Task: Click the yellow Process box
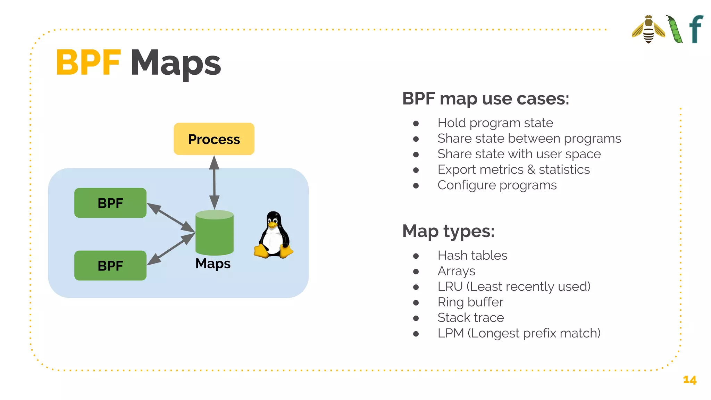214,139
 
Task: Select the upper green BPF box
110,203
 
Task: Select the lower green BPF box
110,266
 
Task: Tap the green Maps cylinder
215,234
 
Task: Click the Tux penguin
274,236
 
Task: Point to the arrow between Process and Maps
214,182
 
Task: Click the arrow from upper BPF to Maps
170,217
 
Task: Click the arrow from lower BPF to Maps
170,249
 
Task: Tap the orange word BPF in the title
88,63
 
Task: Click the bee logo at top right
649,30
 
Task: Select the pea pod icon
675,30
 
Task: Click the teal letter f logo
696,29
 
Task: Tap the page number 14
689,380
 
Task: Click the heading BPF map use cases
485,99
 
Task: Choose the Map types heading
448,231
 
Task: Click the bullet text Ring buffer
470,302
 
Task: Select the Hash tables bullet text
472,256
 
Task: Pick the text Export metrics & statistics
513,170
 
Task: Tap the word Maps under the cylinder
213,264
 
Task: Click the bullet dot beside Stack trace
416,318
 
